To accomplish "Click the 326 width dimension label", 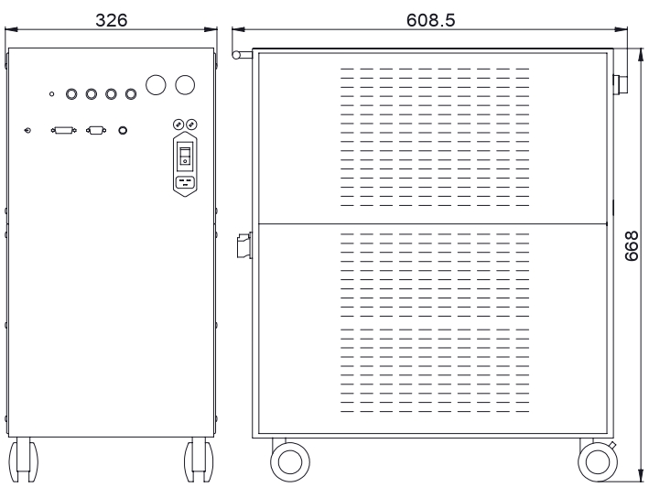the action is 112,20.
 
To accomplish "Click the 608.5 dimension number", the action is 430,20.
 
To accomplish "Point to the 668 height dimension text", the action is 632,246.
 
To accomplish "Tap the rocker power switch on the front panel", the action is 185,157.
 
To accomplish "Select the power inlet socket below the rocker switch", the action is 185,182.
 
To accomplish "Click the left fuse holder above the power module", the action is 178,124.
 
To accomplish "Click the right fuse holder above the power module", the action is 191,124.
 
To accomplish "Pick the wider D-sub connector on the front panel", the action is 64,130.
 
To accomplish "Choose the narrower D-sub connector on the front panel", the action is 96,130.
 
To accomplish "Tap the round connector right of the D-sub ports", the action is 123,130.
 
